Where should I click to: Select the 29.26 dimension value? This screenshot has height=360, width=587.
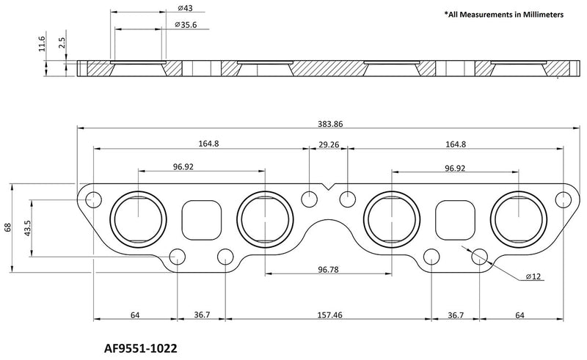(328, 145)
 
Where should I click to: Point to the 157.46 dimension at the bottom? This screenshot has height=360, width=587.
(328, 315)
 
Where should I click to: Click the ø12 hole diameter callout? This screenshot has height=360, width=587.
(533, 277)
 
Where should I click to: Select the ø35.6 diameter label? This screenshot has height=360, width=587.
(188, 25)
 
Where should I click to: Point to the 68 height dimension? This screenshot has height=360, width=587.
(8, 227)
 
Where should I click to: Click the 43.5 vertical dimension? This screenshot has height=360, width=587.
(27, 227)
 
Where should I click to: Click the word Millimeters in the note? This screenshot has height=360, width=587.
(538, 15)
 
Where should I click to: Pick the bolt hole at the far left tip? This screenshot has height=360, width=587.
(93, 200)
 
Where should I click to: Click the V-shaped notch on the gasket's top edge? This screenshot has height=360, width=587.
(328, 187)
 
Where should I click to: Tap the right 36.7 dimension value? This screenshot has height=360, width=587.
(455, 315)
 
